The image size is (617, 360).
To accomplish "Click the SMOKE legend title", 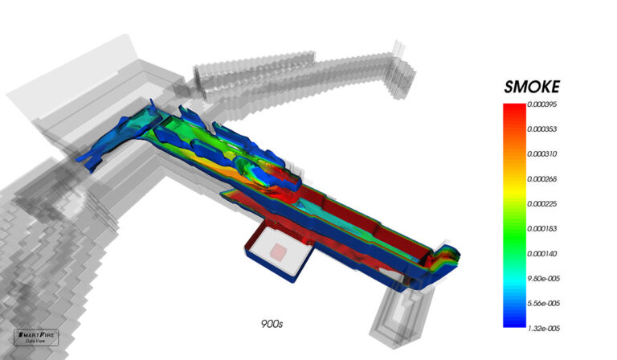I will [531, 86].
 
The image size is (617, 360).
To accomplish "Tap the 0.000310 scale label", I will [544, 153].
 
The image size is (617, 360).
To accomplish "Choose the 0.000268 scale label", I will [544, 178].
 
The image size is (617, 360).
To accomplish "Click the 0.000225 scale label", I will [544, 203].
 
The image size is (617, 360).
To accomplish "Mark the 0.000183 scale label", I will [544, 228].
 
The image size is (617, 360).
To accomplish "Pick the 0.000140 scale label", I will [544, 253].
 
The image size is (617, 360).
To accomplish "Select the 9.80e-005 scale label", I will [544, 278].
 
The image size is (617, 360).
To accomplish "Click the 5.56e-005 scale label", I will [544, 303].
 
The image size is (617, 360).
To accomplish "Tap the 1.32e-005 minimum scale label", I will [544, 327].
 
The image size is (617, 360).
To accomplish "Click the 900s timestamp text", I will [272, 325].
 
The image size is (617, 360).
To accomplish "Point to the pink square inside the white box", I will [276, 252].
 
